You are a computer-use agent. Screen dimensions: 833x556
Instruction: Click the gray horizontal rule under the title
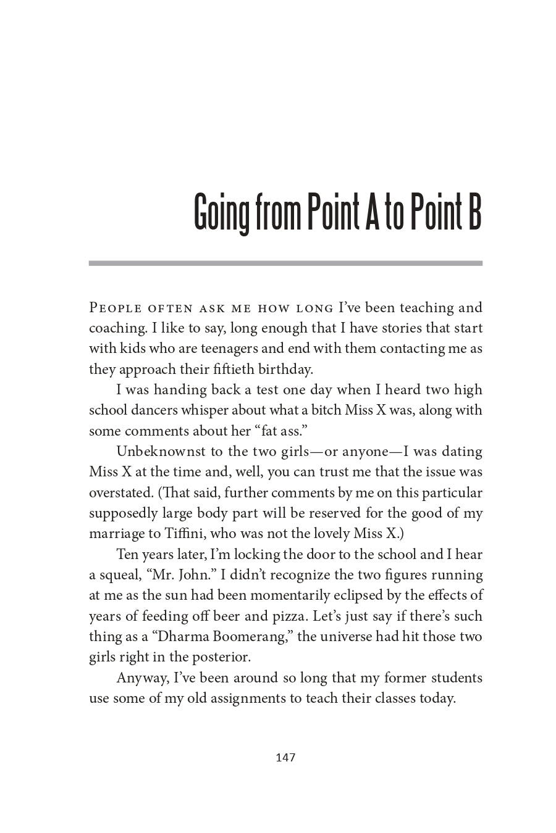(x=285, y=263)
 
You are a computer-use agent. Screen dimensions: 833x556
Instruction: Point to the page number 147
(x=285, y=757)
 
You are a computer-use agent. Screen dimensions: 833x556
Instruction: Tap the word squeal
(x=120, y=575)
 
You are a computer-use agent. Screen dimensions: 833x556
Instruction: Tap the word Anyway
(x=143, y=678)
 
